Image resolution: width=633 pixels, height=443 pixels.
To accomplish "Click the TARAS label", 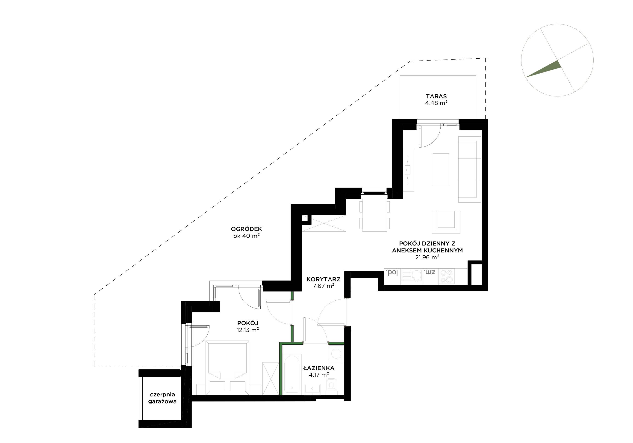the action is pyautogui.click(x=436, y=96).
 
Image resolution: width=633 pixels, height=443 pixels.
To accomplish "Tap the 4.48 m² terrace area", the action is pyautogui.click(x=436, y=103).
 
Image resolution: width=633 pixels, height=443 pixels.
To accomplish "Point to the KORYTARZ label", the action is pyautogui.click(x=323, y=279).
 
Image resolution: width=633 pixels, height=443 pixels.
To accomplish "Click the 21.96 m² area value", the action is pyautogui.click(x=427, y=257).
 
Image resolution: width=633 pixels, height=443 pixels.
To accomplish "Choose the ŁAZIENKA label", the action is pyautogui.click(x=319, y=368).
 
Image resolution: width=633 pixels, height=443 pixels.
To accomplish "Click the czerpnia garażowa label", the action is pyautogui.click(x=162, y=398).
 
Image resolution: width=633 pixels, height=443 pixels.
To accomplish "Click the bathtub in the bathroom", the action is pyautogui.click(x=291, y=374).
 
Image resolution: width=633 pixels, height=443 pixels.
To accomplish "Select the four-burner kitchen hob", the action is pyautogui.click(x=447, y=276).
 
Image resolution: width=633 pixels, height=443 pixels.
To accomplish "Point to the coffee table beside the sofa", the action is pyautogui.click(x=441, y=170).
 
